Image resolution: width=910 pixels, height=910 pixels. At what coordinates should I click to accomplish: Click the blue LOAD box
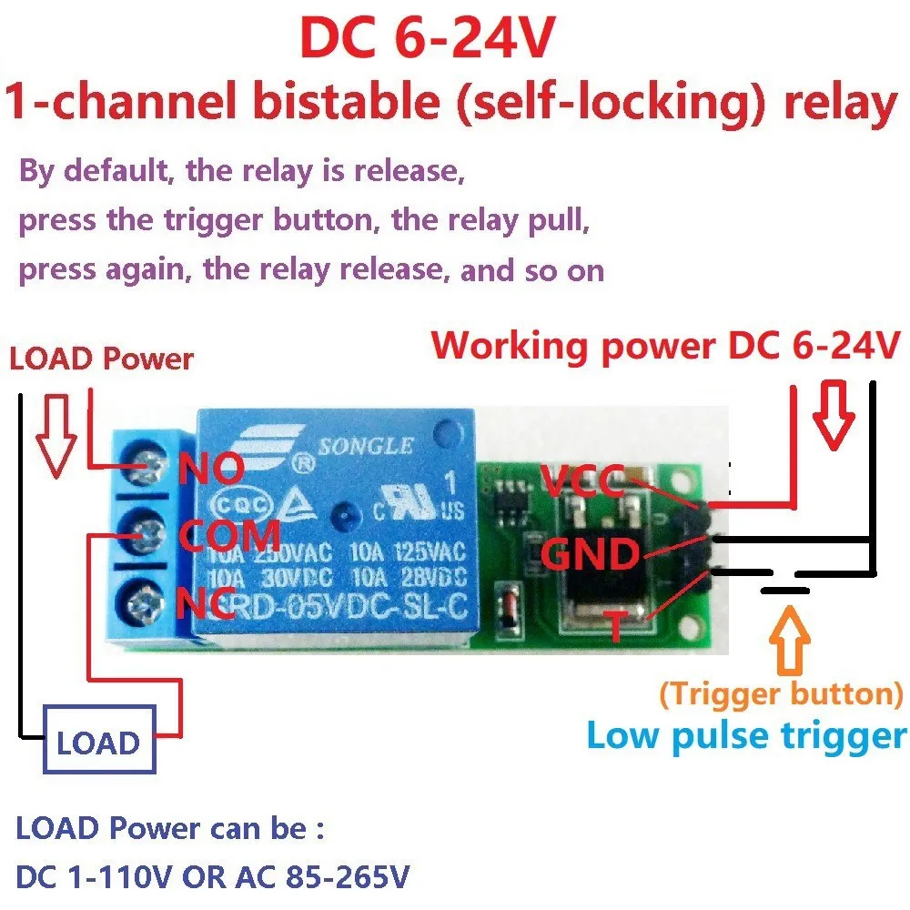(98, 743)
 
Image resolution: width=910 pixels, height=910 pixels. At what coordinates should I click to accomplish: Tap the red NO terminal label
(210, 470)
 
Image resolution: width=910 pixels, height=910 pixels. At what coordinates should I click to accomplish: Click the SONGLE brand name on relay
(364, 447)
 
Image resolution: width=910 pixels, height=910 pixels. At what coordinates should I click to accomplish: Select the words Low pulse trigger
(746, 735)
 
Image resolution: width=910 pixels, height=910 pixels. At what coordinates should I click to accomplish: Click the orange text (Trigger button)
(781, 694)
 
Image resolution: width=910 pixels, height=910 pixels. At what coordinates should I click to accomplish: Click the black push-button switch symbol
(784, 587)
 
